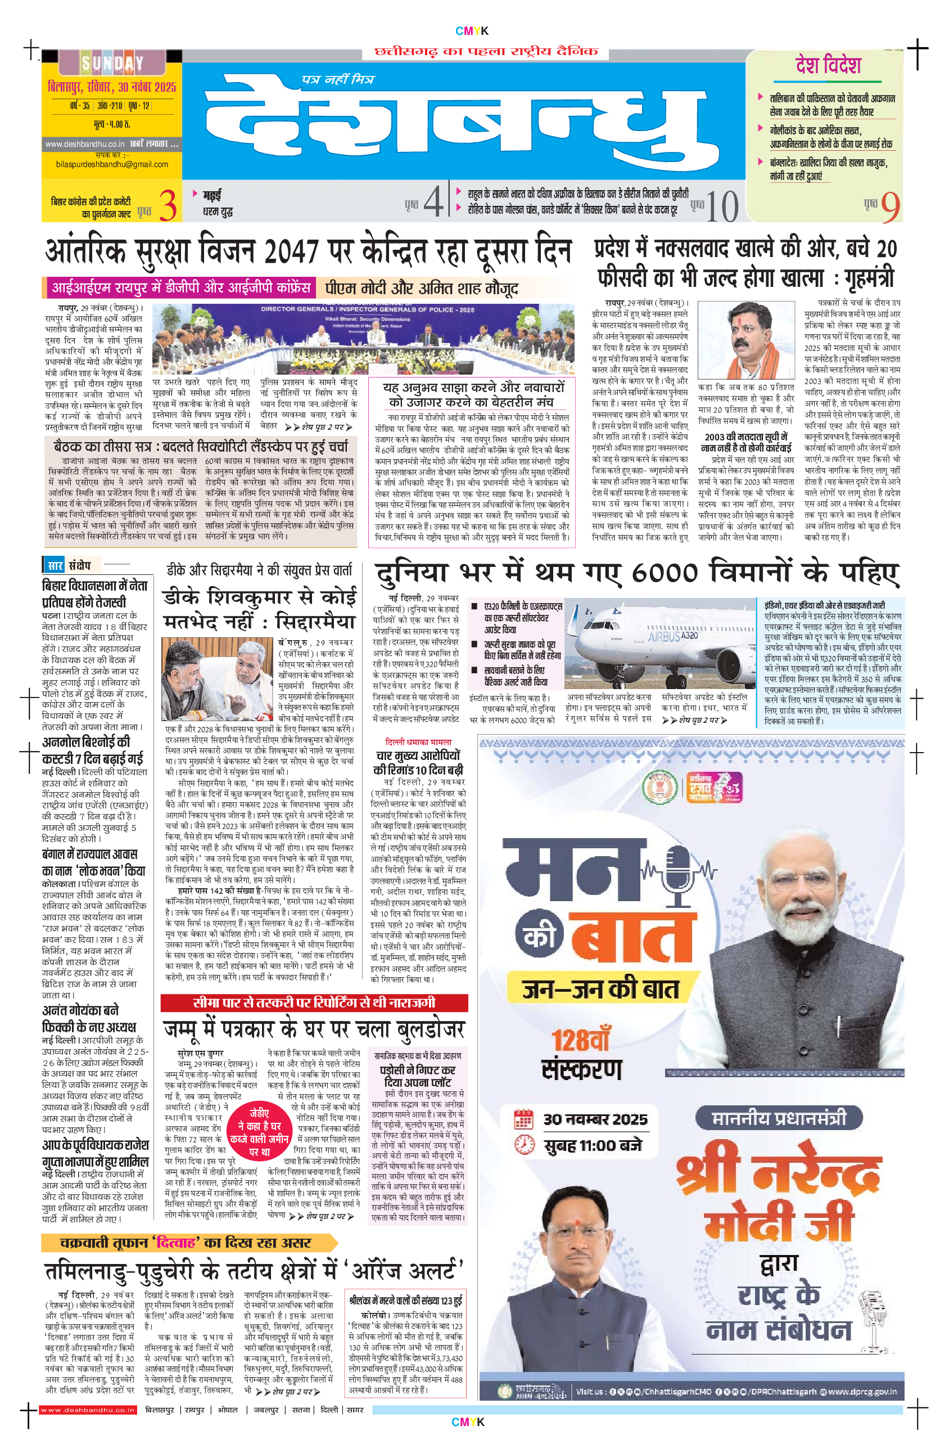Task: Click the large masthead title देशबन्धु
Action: click(x=464, y=120)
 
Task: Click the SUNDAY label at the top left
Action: click(x=112, y=62)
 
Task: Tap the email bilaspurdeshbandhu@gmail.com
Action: click(x=112, y=164)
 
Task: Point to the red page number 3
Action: click(x=168, y=205)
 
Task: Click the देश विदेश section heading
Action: click(x=828, y=65)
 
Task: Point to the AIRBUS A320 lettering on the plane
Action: click(x=673, y=636)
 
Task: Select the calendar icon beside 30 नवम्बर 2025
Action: click(x=523, y=1119)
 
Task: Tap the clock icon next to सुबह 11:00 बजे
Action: click(x=523, y=1144)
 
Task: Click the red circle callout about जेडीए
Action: click(x=260, y=1132)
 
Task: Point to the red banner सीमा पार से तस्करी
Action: click(x=314, y=1002)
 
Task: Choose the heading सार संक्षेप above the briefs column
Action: click(x=69, y=565)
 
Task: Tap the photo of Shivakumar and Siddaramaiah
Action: click(x=218, y=678)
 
